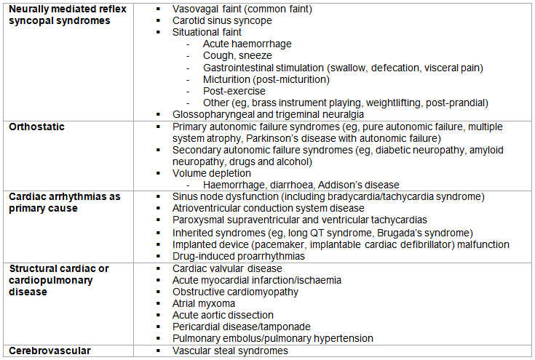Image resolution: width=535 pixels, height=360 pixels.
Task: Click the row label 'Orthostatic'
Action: tap(36, 127)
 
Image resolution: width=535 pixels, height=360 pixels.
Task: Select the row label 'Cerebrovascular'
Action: tap(49, 351)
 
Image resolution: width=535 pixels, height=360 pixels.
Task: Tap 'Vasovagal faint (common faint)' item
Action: tap(242, 9)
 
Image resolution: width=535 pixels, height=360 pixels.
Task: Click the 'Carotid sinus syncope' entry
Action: tap(222, 21)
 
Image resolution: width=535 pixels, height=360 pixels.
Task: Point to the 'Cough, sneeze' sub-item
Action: tap(237, 56)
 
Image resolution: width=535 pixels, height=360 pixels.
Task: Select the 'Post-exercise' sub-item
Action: tap(236, 91)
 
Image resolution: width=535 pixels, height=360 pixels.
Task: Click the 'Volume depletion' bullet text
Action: tap(212, 173)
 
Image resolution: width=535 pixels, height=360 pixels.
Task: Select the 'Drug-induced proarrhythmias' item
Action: tap(239, 256)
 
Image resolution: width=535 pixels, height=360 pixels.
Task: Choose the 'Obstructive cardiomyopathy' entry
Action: tap(235, 292)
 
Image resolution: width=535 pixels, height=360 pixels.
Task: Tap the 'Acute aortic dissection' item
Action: tap(223, 315)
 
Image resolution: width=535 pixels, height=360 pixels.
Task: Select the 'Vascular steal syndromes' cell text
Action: tap(230, 351)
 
